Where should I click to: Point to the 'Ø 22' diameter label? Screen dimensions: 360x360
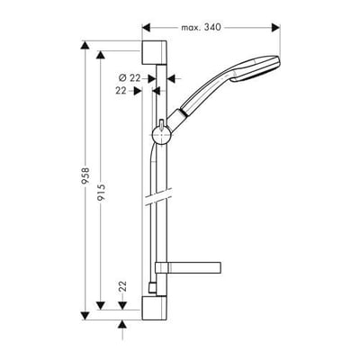pos(132,78)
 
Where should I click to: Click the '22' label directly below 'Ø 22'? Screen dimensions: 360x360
pos(121,90)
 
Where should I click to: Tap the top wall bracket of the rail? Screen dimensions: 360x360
pos(155,51)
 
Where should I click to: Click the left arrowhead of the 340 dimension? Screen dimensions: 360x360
pos(148,27)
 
